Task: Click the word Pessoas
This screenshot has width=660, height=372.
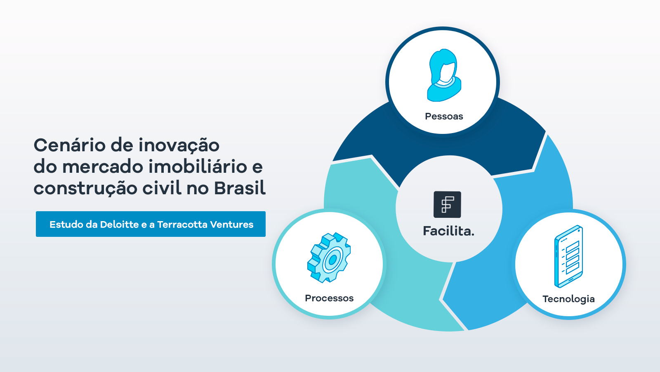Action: [444, 116]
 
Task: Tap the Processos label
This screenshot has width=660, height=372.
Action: [329, 298]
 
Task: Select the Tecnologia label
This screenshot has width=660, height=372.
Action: [568, 299]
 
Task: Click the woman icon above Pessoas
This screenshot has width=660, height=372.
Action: [444, 75]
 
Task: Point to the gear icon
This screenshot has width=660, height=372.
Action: [329, 258]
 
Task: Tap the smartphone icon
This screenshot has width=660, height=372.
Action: [568, 256]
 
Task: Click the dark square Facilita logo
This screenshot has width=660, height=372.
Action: [447, 205]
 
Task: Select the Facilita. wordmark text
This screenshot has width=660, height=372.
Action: [448, 231]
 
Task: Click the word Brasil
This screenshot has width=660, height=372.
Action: [240, 188]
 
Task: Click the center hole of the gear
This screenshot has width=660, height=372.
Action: [332, 260]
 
